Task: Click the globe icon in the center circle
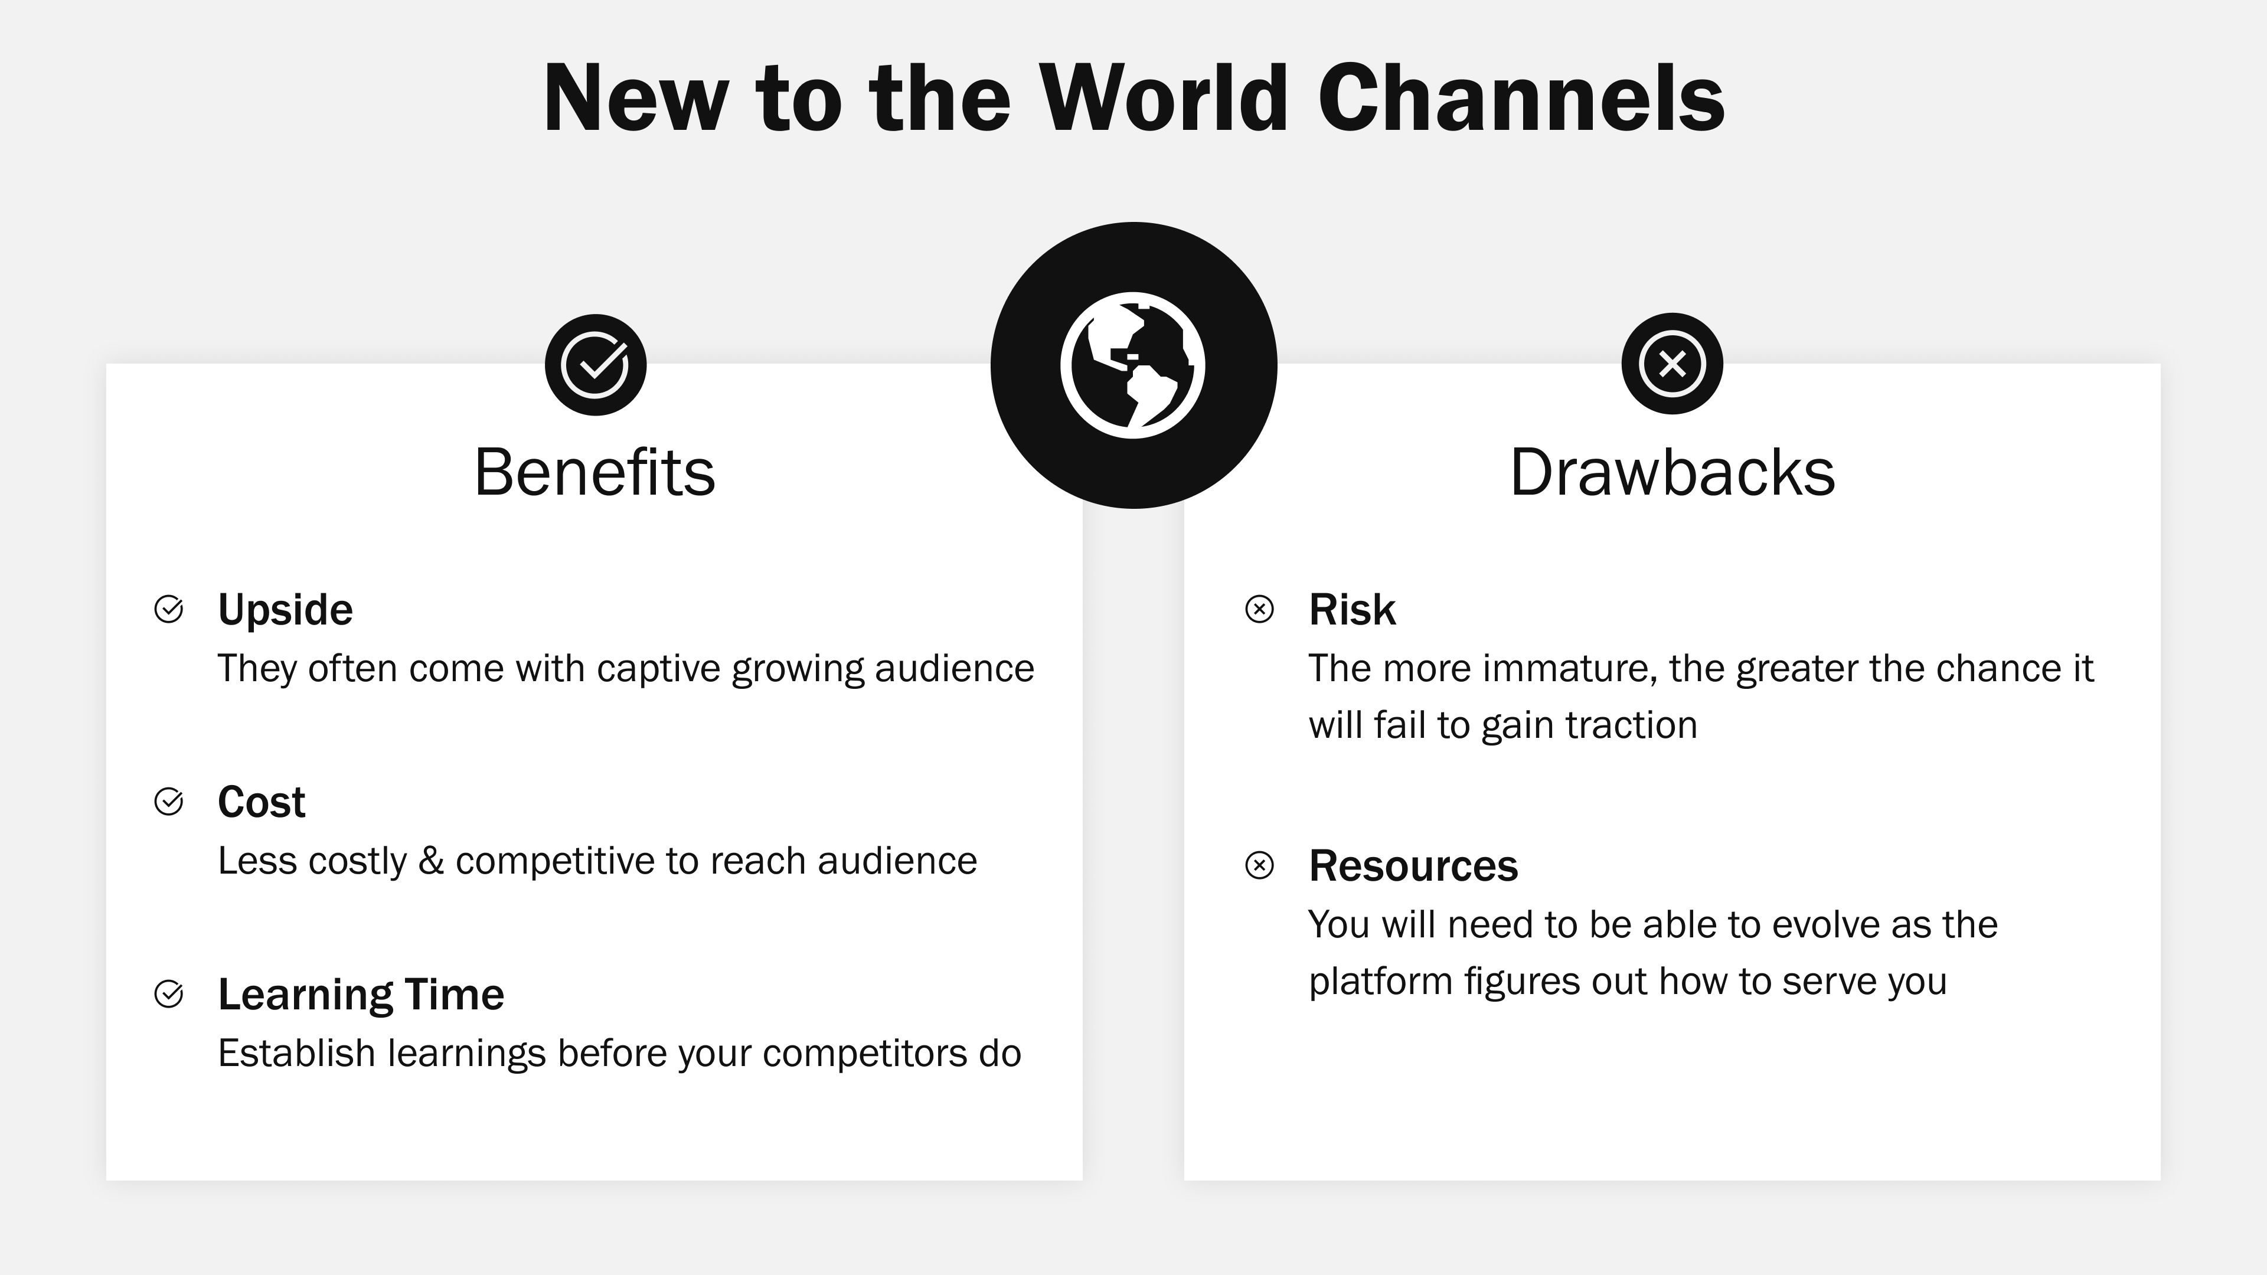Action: pos(1133,365)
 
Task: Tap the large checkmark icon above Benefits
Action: pos(596,364)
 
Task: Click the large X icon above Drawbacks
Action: pos(1671,364)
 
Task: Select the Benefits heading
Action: pos(595,472)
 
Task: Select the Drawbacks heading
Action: pos(1672,472)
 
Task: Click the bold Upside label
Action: pos(285,610)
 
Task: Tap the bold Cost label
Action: pos(262,802)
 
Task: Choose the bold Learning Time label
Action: pos(361,994)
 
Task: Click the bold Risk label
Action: pos(1352,610)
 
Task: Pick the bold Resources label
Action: pos(1413,866)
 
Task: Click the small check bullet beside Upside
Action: pos(169,609)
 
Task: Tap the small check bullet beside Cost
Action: pos(169,802)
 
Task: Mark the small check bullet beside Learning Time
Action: pos(169,994)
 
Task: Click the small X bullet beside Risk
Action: pos(1259,609)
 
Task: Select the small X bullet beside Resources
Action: pos(1259,866)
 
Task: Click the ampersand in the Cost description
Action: pos(431,861)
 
